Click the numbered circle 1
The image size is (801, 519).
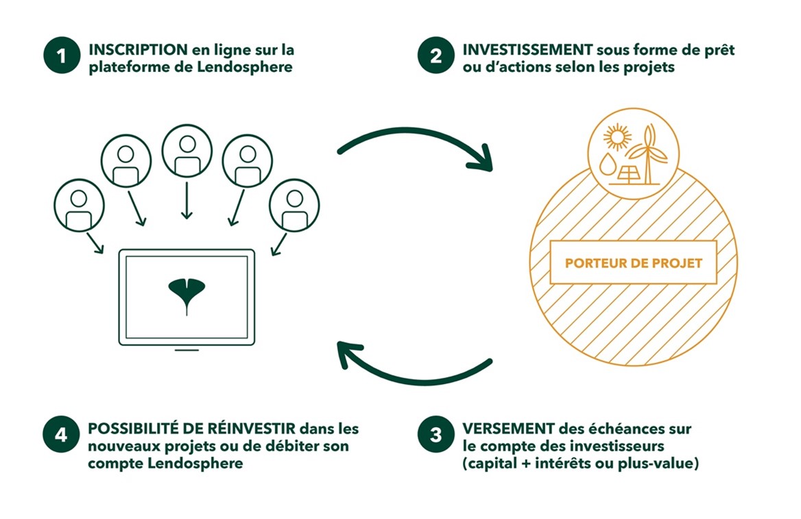(x=62, y=55)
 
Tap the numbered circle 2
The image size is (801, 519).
(x=435, y=55)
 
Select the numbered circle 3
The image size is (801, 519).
(x=435, y=435)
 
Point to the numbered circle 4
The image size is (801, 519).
(x=61, y=435)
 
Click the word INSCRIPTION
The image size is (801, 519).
(x=138, y=50)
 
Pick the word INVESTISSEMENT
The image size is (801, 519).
(x=527, y=50)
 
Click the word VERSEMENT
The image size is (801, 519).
(x=508, y=429)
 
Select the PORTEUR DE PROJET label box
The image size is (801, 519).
(x=634, y=263)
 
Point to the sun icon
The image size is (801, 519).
(x=617, y=137)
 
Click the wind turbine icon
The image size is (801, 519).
(x=648, y=154)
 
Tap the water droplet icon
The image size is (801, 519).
(x=607, y=164)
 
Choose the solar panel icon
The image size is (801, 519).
(x=627, y=176)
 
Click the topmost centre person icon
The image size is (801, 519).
(x=187, y=151)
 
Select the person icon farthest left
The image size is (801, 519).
(x=79, y=206)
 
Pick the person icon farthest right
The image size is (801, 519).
(x=294, y=206)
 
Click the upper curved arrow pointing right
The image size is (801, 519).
(x=415, y=132)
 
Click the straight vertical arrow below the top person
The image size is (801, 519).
(x=187, y=200)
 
